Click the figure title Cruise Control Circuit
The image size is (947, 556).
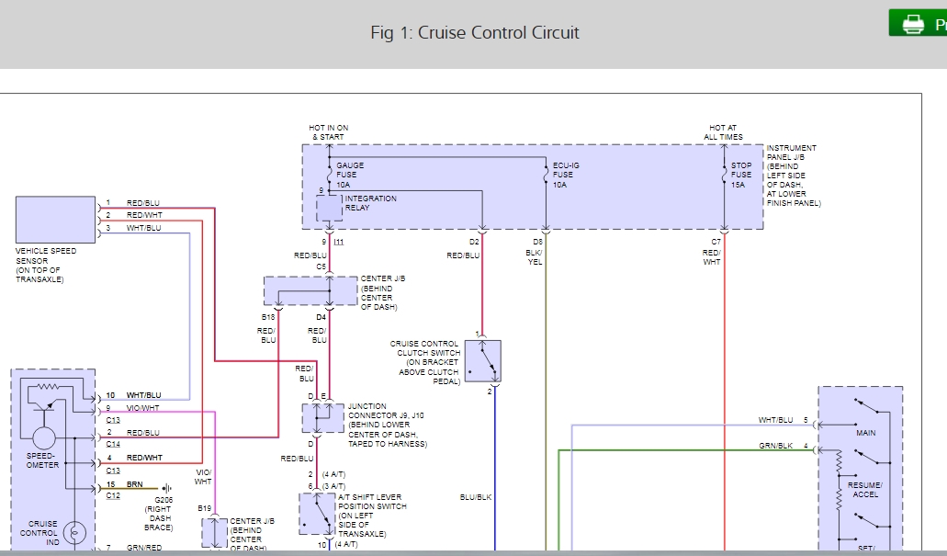coord(475,32)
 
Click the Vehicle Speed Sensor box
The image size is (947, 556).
coord(55,220)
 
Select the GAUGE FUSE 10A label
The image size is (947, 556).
coord(350,175)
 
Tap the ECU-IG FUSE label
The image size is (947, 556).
coord(566,175)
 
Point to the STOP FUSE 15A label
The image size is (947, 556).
coord(741,175)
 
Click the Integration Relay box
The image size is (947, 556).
coord(329,208)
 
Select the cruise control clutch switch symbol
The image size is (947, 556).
coord(483,361)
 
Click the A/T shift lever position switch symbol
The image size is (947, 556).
coord(317,514)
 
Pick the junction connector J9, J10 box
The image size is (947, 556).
coord(322,418)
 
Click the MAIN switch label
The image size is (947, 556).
coord(866,432)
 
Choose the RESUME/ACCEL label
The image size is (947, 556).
coord(866,489)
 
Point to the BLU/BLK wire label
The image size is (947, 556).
coord(476,496)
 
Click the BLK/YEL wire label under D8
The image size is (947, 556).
coord(535,256)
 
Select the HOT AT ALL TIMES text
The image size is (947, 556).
coord(723,132)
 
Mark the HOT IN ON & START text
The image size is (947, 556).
coord(329,132)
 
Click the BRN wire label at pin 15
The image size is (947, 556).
coord(134,484)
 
